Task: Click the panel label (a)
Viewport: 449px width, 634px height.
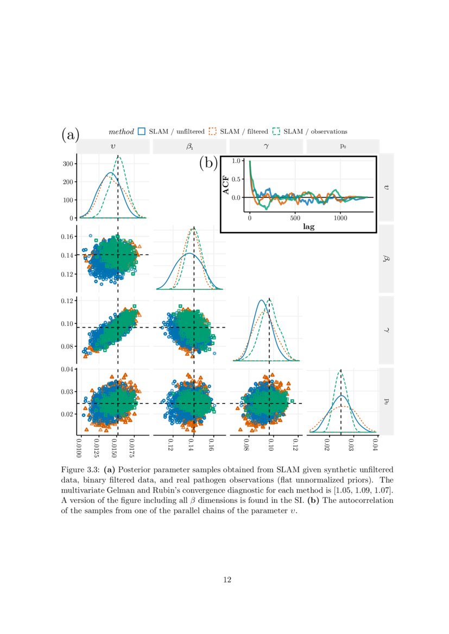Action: pyautogui.click(x=71, y=134)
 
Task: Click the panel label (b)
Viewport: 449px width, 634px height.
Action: pyautogui.click(x=208, y=162)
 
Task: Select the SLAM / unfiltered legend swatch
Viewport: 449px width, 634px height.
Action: pyautogui.click(x=142, y=131)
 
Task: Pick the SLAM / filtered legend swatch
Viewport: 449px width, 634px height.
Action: pyautogui.click(x=213, y=131)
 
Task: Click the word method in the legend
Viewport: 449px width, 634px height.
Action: pyautogui.click(x=121, y=131)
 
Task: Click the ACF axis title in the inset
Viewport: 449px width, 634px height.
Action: pyautogui.click(x=226, y=185)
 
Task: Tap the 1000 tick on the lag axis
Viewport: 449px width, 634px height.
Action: pyautogui.click(x=340, y=219)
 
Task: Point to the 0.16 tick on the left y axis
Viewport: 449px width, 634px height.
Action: pyautogui.click(x=67, y=236)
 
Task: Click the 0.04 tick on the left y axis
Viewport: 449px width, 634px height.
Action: pyautogui.click(x=67, y=369)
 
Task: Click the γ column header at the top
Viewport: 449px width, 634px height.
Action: pyautogui.click(x=266, y=146)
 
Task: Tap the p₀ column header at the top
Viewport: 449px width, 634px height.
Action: pyautogui.click(x=343, y=146)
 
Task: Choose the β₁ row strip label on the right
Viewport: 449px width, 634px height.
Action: pyautogui.click(x=385, y=259)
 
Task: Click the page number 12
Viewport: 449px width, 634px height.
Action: pyautogui.click(x=227, y=580)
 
